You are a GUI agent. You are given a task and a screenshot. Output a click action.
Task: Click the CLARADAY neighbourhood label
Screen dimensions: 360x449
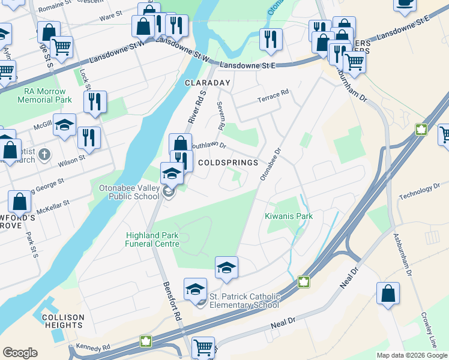(x=208, y=82)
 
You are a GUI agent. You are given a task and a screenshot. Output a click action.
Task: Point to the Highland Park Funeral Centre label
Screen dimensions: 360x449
(x=152, y=239)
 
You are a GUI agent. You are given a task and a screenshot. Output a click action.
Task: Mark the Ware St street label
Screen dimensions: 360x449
(x=110, y=18)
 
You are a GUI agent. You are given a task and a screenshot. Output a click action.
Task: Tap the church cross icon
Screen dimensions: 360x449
(x=43, y=155)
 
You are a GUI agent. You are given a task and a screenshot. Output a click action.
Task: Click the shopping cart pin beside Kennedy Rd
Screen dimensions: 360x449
(x=203, y=347)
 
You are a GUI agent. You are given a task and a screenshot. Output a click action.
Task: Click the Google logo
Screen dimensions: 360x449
(x=20, y=353)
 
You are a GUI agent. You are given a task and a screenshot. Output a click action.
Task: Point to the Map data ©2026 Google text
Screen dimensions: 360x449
(x=411, y=355)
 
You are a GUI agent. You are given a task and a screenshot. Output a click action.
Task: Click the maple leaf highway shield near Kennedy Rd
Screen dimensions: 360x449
(x=145, y=342)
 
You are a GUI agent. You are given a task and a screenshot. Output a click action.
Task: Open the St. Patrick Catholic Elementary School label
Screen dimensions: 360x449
(x=244, y=301)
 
